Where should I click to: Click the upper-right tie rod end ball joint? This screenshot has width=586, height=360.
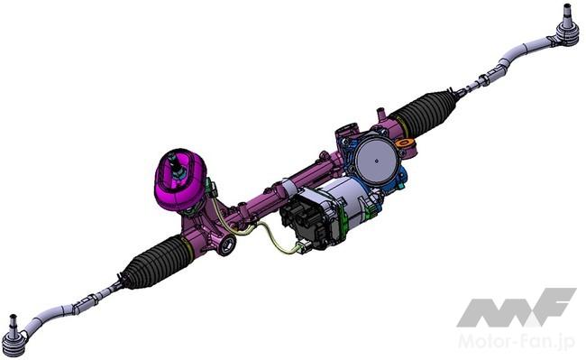click(x=567, y=32)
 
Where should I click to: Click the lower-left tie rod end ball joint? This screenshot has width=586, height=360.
click(x=15, y=339)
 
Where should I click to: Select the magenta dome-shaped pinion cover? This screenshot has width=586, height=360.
click(x=180, y=180)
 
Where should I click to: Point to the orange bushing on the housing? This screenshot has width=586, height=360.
click(x=405, y=143)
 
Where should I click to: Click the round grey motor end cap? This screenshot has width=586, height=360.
click(x=376, y=160)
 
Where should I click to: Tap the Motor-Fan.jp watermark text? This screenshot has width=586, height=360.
click(x=517, y=341)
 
